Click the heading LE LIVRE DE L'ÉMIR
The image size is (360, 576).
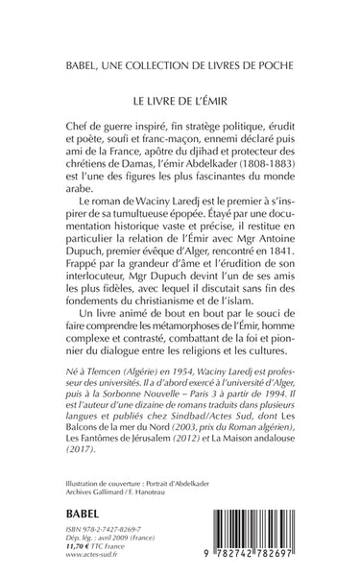tap(180, 99)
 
